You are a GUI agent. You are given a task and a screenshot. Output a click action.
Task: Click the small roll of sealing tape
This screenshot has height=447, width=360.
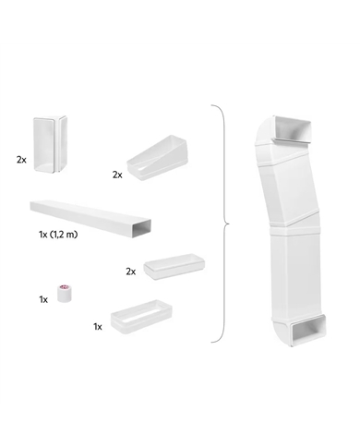(66, 294)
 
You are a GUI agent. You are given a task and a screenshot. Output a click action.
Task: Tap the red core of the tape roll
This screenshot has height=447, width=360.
(65, 287)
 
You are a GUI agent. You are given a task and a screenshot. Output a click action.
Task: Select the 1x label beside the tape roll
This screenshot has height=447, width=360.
(43, 299)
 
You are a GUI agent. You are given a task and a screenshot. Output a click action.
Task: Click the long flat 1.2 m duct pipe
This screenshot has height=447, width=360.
(90, 219)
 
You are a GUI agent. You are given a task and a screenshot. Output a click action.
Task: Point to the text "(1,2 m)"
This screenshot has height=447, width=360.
(64, 235)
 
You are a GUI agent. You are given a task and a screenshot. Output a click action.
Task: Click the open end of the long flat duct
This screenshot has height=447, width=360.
(142, 229)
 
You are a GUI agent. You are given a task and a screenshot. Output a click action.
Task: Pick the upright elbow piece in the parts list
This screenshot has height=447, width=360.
(50, 144)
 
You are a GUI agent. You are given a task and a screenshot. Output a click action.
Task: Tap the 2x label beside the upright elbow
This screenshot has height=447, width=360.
(21, 160)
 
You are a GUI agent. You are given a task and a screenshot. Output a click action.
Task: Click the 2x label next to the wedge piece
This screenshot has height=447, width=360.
(117, 175)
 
